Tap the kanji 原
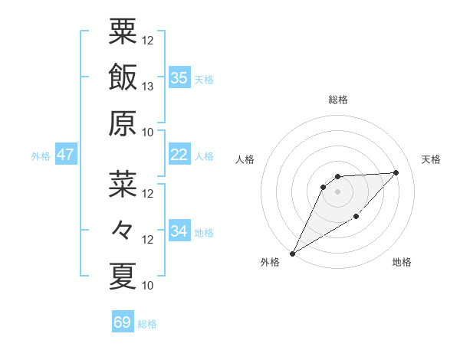pos(123,122)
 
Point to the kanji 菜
pos(123,183)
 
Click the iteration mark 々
pos(123,229)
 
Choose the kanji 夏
pos(123,275)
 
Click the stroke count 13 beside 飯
pos(149,86)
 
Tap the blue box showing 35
pos(179,77)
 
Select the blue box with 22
pos(179,155)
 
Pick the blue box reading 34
pos(179,231)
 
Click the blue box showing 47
pos(66,155)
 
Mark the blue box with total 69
pos(123,322)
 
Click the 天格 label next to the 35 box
pos(204,79)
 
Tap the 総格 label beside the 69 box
pos(147,324)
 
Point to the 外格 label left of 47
pos(41,156)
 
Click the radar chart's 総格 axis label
pos(337,100)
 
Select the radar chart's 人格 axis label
pos(245,159)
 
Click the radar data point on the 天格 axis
pos(396,172)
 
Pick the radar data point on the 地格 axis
pos(356,218)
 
